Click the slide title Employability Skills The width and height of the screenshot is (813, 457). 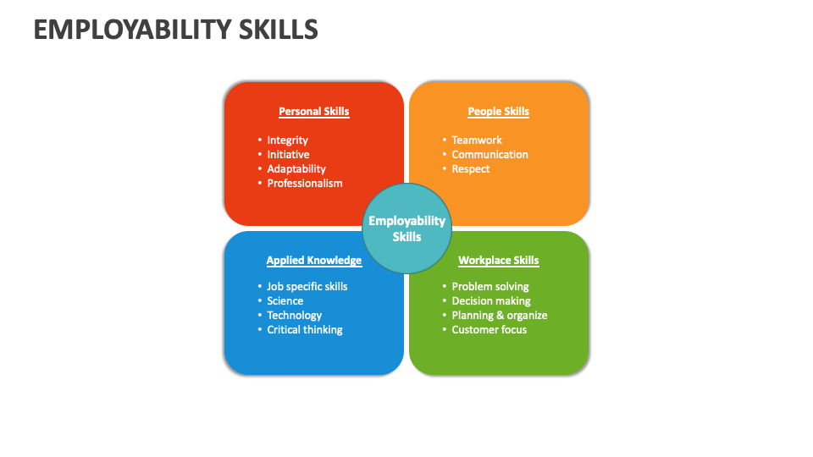(x=176, y=30)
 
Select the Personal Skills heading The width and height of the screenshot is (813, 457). (x=314, y=112)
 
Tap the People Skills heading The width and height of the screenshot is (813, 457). (x=499, y=112)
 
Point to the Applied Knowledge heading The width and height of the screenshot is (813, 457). (x=314, y=261)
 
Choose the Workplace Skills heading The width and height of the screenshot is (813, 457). (x=499, y=261)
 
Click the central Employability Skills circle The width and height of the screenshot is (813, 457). (x=406, y=228)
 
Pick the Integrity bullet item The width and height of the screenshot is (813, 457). (x=288, y=140)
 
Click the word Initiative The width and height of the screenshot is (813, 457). (x=289, y=155)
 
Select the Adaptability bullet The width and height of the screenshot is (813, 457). (x=296, y=169)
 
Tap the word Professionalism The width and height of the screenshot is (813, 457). (x=305, y=184)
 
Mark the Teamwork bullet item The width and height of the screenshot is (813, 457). (x=477, y=140)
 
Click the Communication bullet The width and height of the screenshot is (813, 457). (x=489, y=155)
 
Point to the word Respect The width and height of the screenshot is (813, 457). (x=471, y=169)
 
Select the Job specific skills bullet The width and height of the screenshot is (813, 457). (x=307, y=287)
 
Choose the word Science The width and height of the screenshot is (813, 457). (x=285, y=301)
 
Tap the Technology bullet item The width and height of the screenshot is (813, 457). (x=295, y=316)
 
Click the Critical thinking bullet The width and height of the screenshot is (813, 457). (x=305, y=330)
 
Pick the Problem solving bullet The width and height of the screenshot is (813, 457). (x=490, y=287)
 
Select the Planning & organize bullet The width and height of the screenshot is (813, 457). (x=500, y=316)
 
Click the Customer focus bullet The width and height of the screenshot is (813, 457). (x=489, y=330)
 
